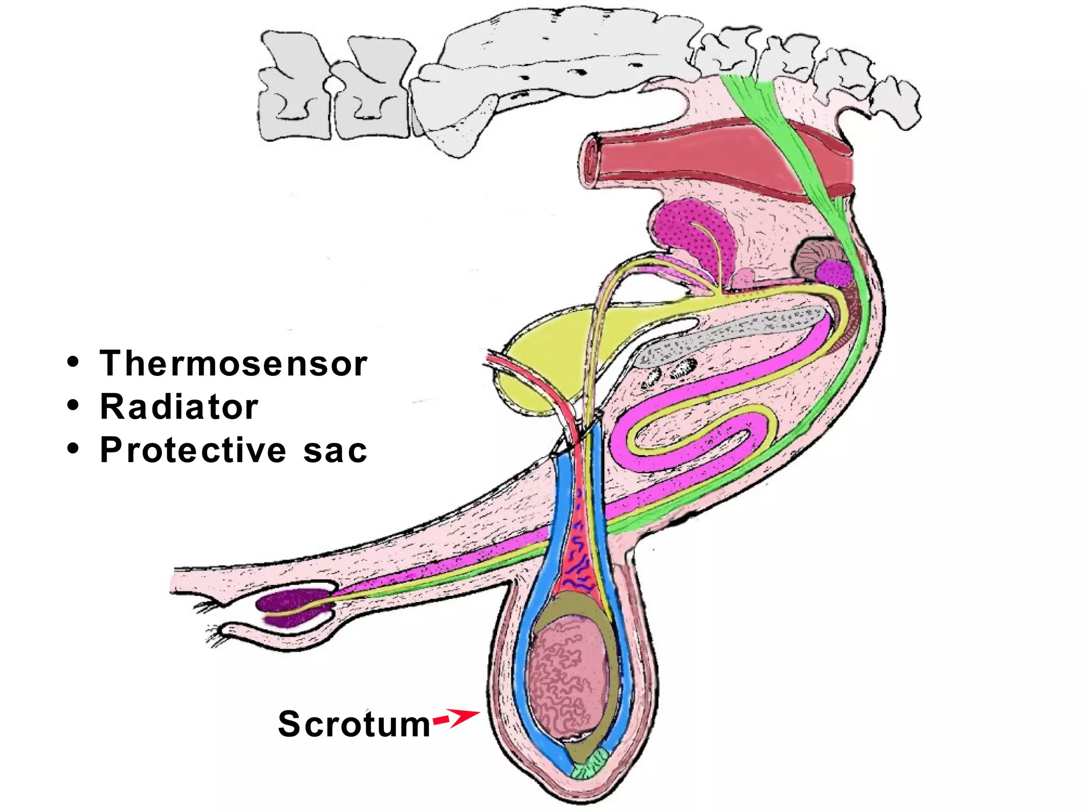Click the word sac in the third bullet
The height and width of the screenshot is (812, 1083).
pos(335,451)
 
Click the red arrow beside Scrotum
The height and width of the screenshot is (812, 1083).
pos(457,717)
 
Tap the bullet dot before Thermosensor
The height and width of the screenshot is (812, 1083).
pos(73,363)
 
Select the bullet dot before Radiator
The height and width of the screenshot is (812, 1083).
pos(73,406)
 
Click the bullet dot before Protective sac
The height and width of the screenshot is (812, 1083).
pos(73,449)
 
